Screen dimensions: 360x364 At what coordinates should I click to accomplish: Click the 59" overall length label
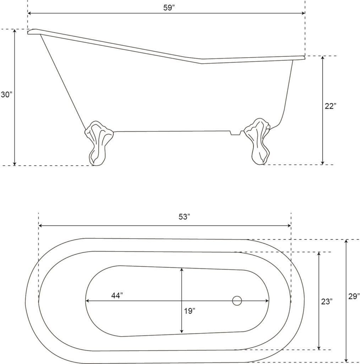coord(169,8)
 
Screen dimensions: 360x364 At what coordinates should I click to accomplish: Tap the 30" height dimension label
coord(6,95)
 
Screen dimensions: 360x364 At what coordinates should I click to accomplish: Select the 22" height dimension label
coord(330,106)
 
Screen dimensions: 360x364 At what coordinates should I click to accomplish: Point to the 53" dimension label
coord(184,217)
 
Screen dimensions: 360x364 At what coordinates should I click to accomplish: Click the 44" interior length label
coord(117,295)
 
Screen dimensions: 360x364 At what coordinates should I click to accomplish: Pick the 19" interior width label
coord(190,311)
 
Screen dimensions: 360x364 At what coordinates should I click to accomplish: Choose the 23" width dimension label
coord(327,301)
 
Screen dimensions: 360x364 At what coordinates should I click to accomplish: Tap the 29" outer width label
coord(354,296)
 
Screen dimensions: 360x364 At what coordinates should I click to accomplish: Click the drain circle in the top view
coord(237,301)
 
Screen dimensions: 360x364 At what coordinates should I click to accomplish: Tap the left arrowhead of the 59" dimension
coord(29,13)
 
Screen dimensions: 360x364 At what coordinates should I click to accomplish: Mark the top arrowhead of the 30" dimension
coord(15,31)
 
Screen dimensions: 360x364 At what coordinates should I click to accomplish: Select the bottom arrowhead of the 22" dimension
coord(322,163)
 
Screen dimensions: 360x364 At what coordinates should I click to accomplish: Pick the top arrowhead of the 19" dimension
coord(182,270)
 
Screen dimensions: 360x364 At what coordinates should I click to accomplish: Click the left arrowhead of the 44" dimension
coord(88,301)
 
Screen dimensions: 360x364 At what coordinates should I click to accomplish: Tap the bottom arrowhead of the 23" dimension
coord(319,348)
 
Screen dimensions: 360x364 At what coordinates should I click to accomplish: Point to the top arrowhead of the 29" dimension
coord(346,241)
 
